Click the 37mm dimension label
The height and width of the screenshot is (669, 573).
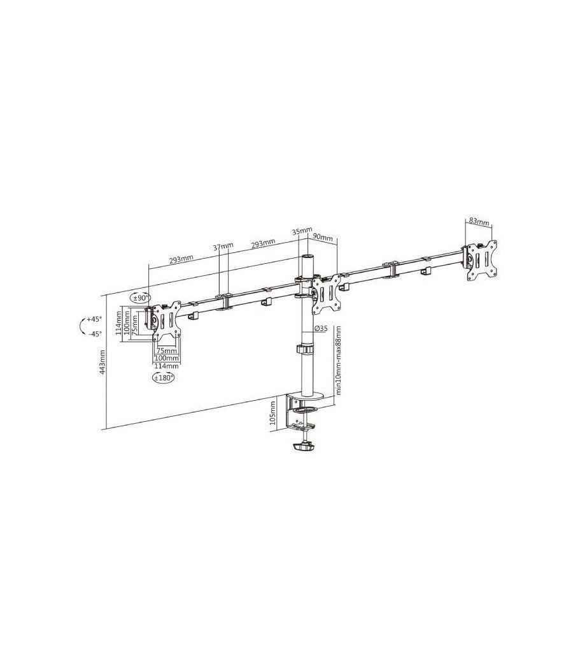[x=223, y=246]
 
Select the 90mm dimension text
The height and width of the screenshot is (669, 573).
[x=324, y=238]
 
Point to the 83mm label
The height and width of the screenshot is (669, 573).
[x=479, y=222]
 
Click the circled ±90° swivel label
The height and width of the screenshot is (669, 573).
[x=140, y=298]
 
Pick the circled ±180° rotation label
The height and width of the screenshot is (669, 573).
[x=164, y=378]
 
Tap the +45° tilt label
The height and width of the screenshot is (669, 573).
[x=94, y=319]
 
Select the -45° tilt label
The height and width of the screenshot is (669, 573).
[x=94, y=333]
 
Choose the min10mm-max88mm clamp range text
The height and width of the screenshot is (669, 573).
[x=338, y=361]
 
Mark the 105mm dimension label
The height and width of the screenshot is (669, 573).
[x=273, y=412]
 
